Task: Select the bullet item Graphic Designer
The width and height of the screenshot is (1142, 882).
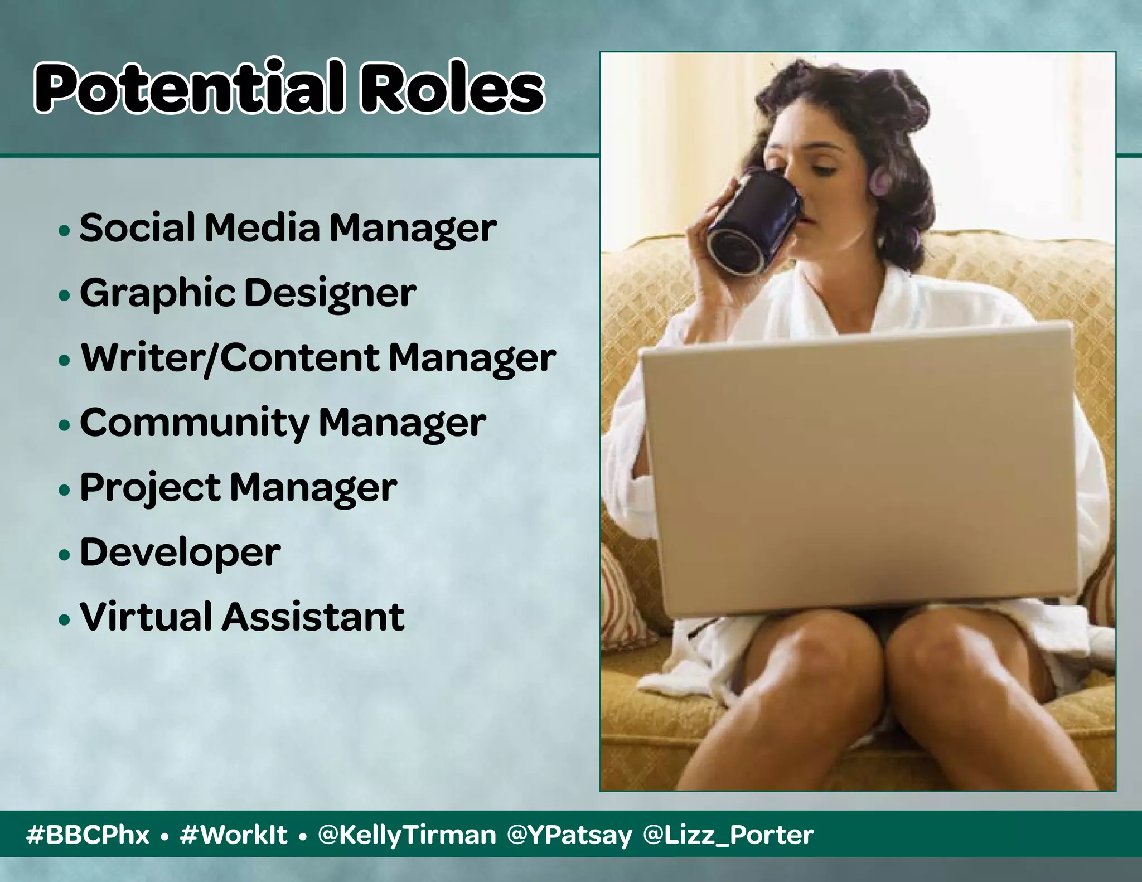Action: [248, 293]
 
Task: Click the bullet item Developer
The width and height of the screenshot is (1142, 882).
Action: [180, 553]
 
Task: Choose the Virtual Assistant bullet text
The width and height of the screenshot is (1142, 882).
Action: [242, 617]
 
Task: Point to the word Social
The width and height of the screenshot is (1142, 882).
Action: [137, 228]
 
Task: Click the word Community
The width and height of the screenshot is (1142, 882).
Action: [194, 423]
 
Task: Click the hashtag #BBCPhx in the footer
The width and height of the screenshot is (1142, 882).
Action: [88, 835]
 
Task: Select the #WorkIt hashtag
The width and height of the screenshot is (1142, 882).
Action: [234, 835]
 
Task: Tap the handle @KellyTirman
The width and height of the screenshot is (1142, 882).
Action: [407, 835]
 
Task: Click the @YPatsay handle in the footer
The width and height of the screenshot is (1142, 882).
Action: [569, 835]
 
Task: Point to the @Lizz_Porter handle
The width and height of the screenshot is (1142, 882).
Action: [728, 835]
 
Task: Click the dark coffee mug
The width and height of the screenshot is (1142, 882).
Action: [753, 223]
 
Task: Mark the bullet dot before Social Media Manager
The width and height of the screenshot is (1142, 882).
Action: [65, 230]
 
